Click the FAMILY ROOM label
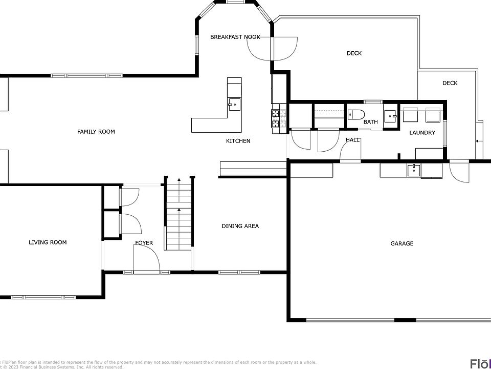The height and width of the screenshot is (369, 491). (96, 132)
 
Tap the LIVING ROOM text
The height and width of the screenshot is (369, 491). (48, 242)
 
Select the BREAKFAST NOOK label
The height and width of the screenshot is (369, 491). (235, 37)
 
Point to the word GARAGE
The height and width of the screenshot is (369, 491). (401, 243)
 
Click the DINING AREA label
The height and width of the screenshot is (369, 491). (240, 226)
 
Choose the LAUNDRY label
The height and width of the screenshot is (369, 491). (422, 133)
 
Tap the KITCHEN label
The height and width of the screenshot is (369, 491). (238, 141)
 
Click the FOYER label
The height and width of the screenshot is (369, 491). (144, 243)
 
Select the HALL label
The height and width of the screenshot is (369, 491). (352, 140)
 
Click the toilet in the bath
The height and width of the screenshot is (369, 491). (355, 114)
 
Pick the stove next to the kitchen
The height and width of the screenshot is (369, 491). (276, 118)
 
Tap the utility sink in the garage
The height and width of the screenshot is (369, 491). (413, 170)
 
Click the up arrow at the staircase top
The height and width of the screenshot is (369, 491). (179, 180)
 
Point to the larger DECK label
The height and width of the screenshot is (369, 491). (354, 53)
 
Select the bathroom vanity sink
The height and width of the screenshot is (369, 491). (391, 116)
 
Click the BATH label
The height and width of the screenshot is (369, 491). (370, 122)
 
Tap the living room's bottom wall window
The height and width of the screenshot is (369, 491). (43, 297)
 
